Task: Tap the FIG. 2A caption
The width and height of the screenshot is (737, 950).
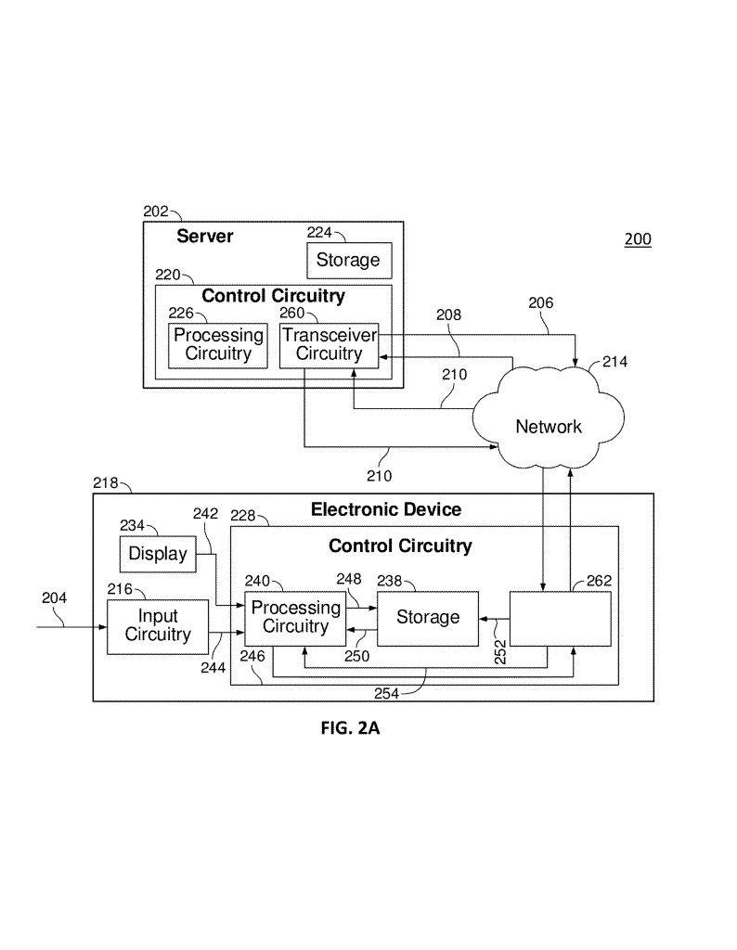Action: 350,729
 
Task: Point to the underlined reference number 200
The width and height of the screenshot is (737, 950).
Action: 638,239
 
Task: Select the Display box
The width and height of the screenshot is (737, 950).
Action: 158,555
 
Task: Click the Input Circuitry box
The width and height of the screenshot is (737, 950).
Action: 158,626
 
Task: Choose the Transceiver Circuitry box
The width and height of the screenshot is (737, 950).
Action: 329,344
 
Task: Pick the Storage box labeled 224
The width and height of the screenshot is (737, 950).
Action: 348,260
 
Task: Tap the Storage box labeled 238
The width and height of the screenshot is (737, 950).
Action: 427,617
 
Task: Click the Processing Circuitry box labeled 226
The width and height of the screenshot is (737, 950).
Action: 218,344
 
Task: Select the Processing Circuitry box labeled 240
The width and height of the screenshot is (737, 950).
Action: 295,617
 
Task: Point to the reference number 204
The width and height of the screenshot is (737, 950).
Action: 54,598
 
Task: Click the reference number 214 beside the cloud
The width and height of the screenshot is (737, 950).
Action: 614,362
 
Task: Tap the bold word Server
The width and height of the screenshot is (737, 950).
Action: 205,237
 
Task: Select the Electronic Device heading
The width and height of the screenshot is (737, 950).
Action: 385,509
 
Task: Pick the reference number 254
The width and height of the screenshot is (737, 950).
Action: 389,693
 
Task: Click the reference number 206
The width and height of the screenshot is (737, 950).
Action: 541,302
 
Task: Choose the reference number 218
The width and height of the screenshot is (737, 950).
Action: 107,482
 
